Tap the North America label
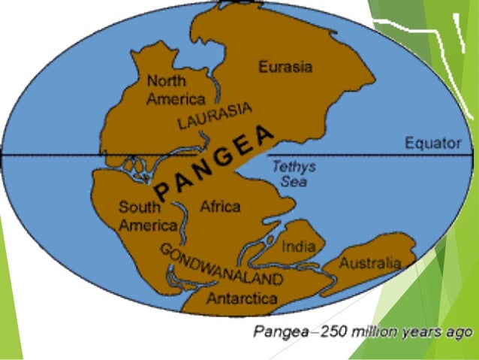(x=176, y=89)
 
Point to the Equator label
(x=432, y=142)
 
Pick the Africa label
(x=220, y=206)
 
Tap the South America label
(x=147, y=216)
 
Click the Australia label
(x=369, y=264)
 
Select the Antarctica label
(x=242, y=298)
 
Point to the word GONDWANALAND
(x=221, y=265)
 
